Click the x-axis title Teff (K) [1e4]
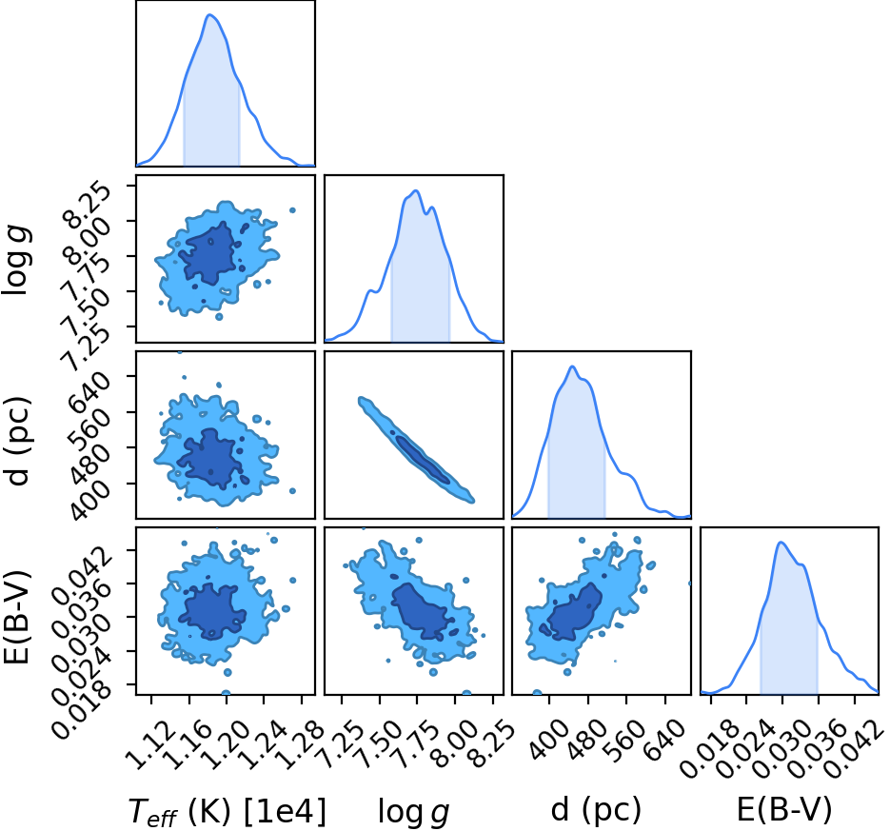(227, 811)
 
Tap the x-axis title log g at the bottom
(414, 812)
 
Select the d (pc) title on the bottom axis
(596, 810)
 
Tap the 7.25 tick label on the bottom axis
(341, 745)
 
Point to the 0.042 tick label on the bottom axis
(854, 750)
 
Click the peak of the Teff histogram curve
(210, 15)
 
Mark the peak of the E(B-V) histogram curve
(781, 542)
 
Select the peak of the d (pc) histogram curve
(572, 366)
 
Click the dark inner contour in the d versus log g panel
(423, 461)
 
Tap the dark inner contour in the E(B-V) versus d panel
(574, 612)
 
